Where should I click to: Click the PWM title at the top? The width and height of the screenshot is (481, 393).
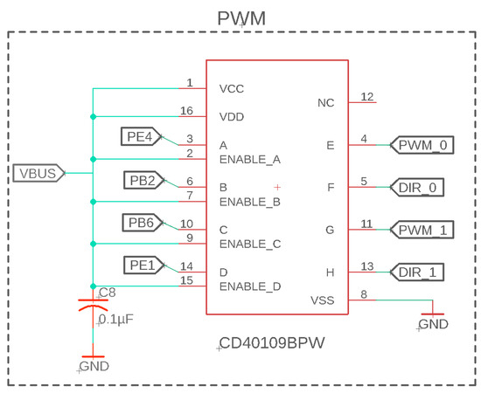[240, 18]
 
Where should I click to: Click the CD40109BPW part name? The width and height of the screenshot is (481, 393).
[271, 343]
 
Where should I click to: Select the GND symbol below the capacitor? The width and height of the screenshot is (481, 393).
[92, 360]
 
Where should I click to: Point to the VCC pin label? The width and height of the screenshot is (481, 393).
[232, 88]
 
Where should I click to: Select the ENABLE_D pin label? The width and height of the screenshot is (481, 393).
[249, 286]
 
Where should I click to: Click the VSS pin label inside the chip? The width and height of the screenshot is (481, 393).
[323, 300]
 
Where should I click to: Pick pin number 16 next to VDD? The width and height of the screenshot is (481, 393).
[186, 111]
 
